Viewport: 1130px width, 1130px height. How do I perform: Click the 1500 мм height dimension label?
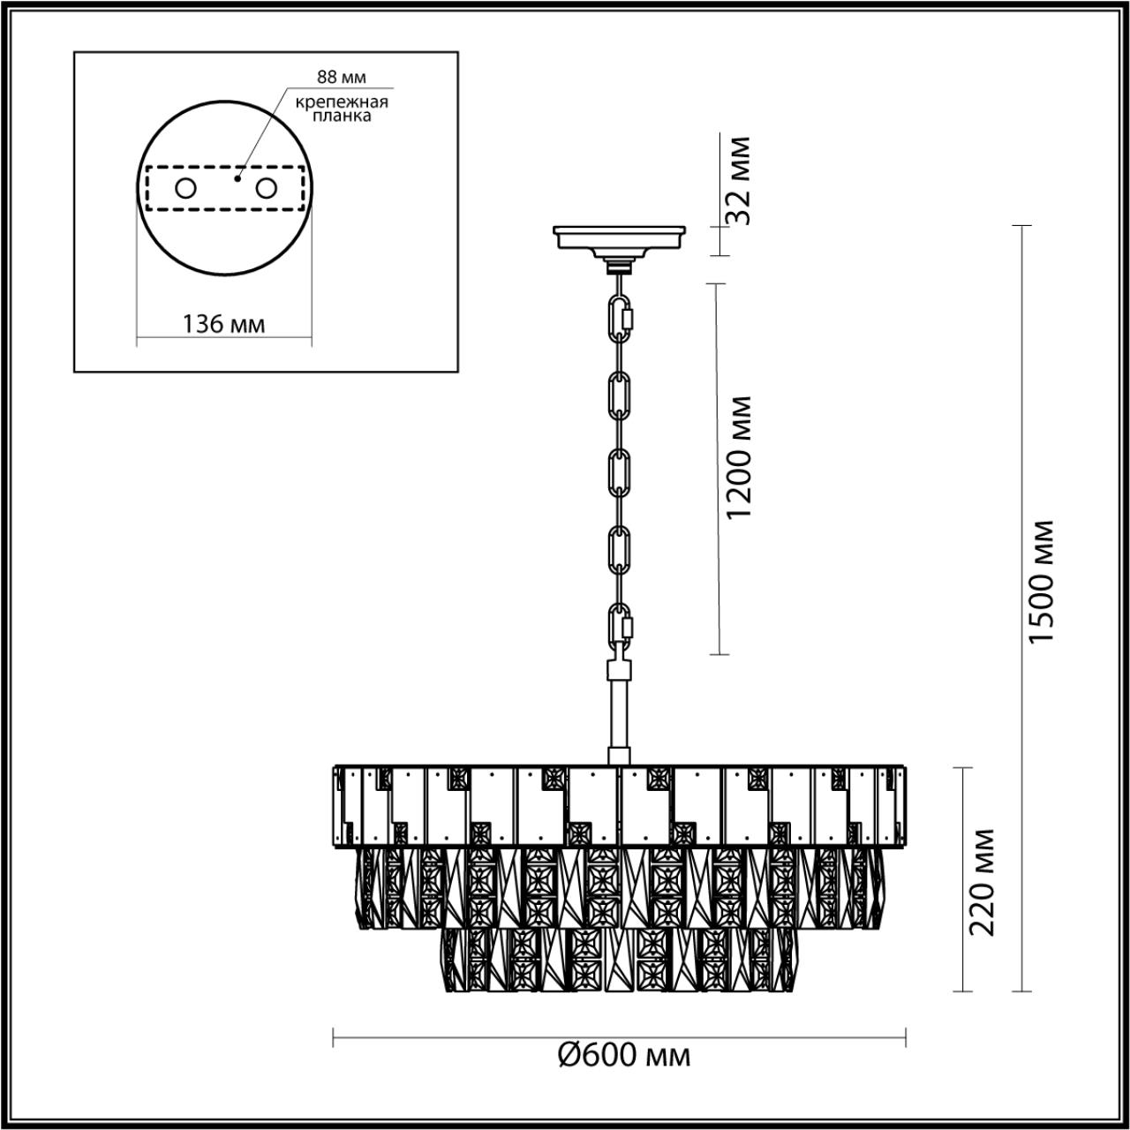click(x=1043, y=582)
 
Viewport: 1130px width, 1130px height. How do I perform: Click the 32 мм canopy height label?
click(x=739, y=181)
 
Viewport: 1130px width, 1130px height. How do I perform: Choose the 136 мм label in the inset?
click(x=223, y=324)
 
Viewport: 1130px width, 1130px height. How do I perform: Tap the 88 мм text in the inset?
click(x=342, y=78)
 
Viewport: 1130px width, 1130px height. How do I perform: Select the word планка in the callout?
click(x=342, y=116)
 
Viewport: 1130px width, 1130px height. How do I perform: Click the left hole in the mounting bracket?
click(x=186, y=188)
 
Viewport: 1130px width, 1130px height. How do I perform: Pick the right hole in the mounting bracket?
click(x=265, y=188)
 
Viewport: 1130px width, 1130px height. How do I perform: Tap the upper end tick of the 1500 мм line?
click(x=1021, y=227)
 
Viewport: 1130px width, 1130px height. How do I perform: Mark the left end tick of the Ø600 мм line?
click(x=333, y=1037)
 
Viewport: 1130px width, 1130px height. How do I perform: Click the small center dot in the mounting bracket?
click(x=237, y=178)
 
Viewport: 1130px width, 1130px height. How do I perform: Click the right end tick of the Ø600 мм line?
click(x=907, y=1037)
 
